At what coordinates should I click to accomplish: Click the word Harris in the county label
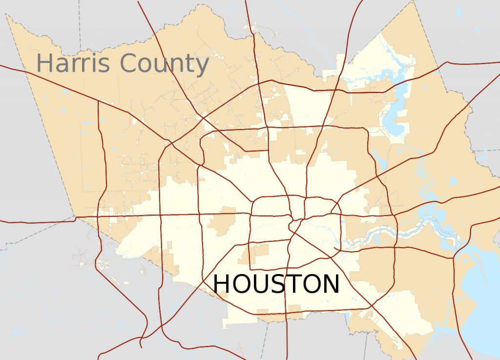click(74, 64)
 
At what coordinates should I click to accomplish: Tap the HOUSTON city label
click(276, 284)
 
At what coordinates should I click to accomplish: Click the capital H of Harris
click(44, 64)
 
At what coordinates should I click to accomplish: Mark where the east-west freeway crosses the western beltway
click(199, 214)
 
